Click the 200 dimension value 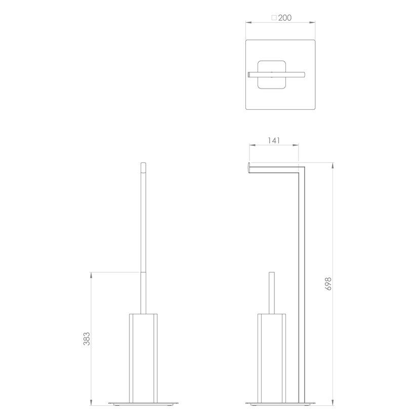[285, 18]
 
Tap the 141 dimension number [274, 140]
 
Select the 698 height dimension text [328, 284]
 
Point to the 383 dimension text [87, 339]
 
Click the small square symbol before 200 [274, 18]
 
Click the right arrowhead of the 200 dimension [312, 22]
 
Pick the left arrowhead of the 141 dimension [253, 145]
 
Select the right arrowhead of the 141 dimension [296, 145]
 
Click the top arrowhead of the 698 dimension [333, 165]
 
